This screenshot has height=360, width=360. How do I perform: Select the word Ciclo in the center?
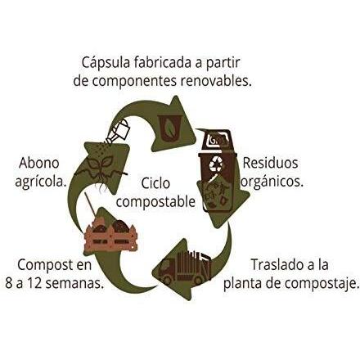click(155, 182)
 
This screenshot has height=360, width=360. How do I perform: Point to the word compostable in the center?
click(155, 202)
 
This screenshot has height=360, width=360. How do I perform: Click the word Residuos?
click(270, 163)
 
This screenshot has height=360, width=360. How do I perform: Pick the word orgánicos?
click(272, 182)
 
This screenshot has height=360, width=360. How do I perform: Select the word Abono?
click(39, 163)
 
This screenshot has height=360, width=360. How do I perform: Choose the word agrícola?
click(41, 182)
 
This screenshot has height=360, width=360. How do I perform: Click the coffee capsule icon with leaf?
click(169, 128)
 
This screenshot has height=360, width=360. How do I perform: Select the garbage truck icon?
click(185, 268)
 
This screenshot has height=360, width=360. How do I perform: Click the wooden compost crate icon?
click(110, 236)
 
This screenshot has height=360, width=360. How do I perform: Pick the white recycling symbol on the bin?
click(215, 164)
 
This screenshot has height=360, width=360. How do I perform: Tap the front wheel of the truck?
click(168, 280)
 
